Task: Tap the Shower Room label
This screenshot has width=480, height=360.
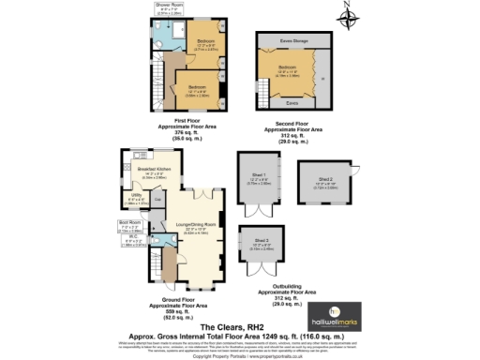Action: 169,5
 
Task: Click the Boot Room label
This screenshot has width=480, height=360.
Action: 128,222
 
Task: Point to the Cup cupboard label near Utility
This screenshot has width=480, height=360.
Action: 157,199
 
